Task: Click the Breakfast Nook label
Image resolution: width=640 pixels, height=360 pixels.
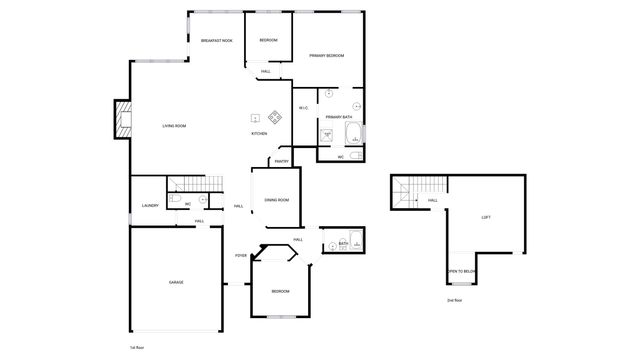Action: (x=217, y=41)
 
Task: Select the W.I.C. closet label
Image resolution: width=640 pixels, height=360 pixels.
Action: (x=303, y=108)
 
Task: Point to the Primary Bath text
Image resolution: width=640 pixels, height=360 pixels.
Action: (x=339, y=117)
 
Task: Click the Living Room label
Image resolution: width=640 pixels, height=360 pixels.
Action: (x=175, y=126)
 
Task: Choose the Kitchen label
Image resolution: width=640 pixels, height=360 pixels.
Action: (x=259, y=134)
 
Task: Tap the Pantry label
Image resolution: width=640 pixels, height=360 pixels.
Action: (x=282, y=162)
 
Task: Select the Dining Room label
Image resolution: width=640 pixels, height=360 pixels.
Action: (x=277, y=200)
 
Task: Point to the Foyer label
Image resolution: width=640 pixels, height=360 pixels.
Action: (x=241, y=256)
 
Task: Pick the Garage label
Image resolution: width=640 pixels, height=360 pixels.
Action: (x=176, y=282)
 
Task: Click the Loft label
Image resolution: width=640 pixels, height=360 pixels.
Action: (x=486, y=217)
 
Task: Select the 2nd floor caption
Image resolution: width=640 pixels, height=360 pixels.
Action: (x=455, y=300)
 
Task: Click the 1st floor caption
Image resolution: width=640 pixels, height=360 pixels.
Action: (x=136, y=346)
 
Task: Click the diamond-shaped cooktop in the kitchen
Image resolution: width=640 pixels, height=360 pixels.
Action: (x=274, y=118)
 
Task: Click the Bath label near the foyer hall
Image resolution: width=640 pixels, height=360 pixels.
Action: (x=343, y=243)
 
